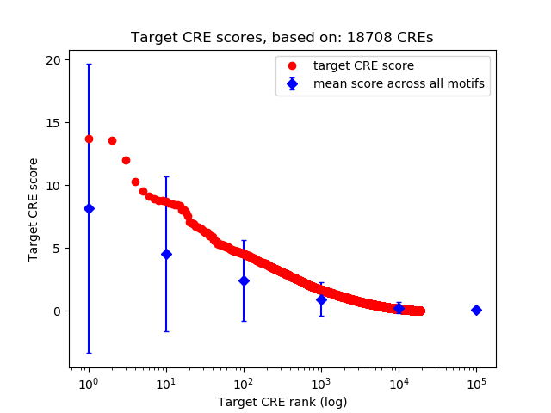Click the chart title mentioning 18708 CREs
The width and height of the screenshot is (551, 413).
point(282,38)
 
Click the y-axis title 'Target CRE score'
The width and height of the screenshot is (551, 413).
point(34,209)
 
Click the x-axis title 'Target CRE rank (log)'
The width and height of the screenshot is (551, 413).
point(282,402)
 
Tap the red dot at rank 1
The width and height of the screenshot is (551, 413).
point(89,139)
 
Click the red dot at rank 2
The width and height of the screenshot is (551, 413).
point(112,140)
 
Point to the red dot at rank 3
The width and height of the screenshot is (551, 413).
point(126,160)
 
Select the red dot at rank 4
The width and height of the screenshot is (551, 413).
point(135,182)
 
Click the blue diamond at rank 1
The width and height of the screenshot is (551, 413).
point(89,208)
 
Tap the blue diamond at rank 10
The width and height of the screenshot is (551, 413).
point(166,254)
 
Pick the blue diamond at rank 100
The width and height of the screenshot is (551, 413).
point(244,280)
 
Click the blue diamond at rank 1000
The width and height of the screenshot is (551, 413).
point(321,299)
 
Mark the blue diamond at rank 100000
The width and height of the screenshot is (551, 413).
point(476,310)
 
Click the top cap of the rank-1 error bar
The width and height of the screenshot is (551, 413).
point(89,65)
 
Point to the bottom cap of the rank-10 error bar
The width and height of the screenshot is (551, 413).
point(166,331)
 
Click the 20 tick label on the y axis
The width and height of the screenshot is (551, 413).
point(53,59)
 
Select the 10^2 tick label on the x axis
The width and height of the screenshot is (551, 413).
point(244,383)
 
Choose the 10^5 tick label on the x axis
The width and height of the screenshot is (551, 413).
point(476,383)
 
